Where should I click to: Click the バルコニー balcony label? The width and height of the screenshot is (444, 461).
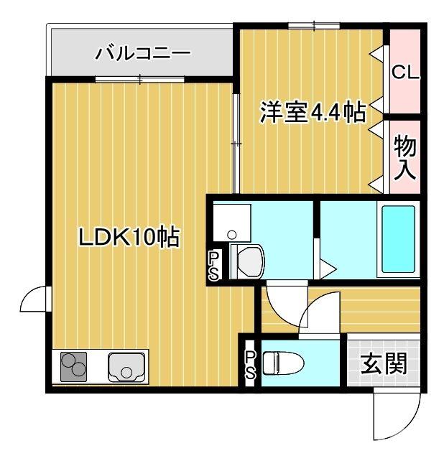143,53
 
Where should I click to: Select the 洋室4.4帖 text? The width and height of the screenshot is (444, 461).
313,112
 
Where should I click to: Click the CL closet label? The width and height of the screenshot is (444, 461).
405,73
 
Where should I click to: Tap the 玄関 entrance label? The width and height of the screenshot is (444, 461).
383,364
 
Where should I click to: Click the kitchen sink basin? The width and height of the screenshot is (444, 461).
126,368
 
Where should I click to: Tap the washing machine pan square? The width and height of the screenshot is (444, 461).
231,223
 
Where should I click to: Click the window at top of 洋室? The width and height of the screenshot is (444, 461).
314,27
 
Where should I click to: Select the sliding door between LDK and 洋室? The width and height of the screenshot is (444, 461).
236,144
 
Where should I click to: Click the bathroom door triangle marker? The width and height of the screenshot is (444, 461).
327,269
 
